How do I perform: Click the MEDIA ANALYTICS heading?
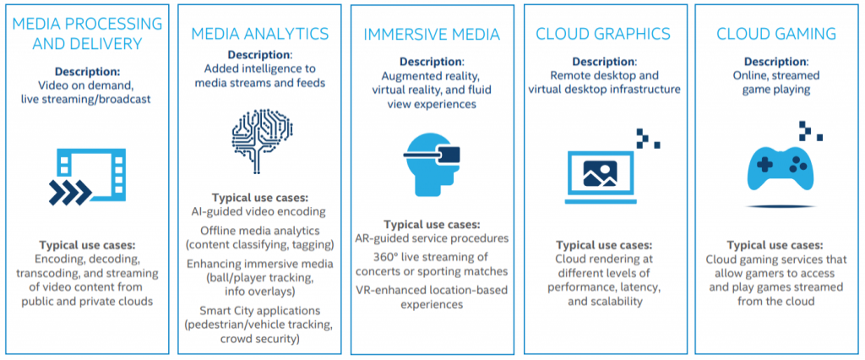[x=260, y=34]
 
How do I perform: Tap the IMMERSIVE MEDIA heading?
[x=432, y=35]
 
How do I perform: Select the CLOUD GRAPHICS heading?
[x=603, y=34]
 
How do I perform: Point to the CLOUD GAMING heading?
[x=776, y=34]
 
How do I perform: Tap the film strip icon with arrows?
[x=87, y=177]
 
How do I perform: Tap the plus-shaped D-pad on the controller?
[x=764, y=164]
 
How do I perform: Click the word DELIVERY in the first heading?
[x=87, y=44]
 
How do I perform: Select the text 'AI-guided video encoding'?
[x=259, y=211]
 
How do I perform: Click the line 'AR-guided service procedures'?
[x=432, y=238]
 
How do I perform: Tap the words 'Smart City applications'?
[x=259, y=310]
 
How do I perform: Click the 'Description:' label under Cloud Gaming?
[x=776, y=62]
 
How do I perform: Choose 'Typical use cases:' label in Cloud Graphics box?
[x=605, y=244]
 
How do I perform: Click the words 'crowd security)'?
[x=259, y=339]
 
